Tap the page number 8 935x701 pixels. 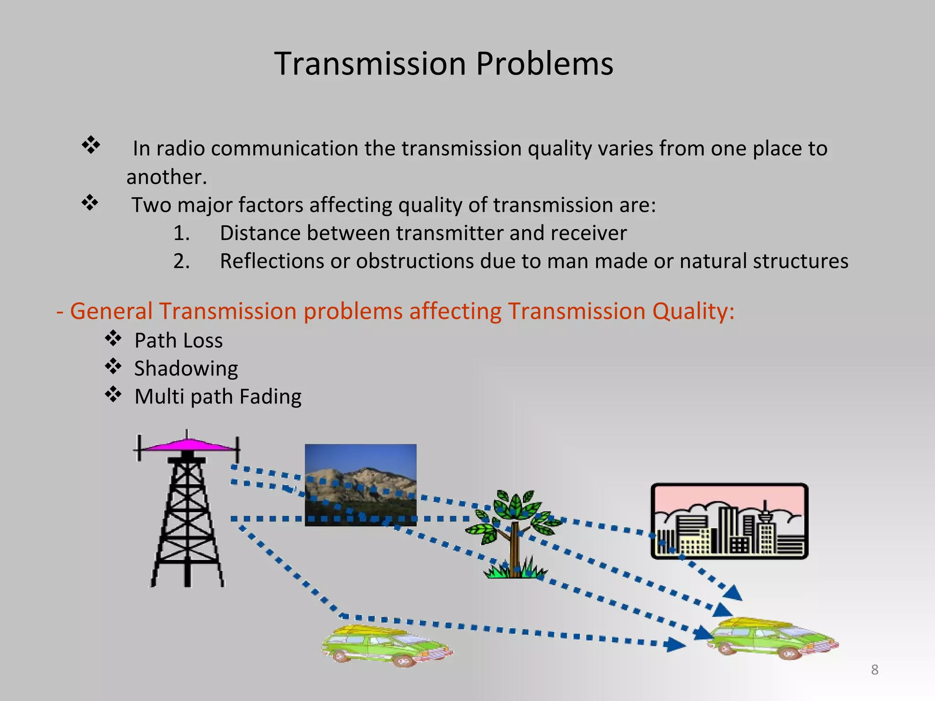click(x=874, y=670)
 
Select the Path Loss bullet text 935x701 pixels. click(x=179, y=340)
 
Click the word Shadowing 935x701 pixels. click(x=186, y=369)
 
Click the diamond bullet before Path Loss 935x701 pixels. click(x=113, y=338)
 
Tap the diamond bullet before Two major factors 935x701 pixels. click(x=90, y=203)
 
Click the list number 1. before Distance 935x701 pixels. click(x=181, y=233)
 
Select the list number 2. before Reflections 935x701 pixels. click(x=181, y=262)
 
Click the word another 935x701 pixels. click(x=167, y=177)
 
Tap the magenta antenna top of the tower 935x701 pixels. click(x=187, y=445)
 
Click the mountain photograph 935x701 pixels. click(x=361, y=485)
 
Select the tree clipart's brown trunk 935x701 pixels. click(x=515, y=548)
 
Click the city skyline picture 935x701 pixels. click(x=729, y=521)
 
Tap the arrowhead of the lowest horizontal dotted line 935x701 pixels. click(x=676, y=645)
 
